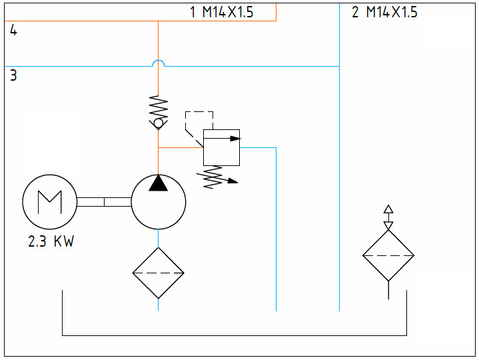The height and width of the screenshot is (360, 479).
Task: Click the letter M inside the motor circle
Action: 50,202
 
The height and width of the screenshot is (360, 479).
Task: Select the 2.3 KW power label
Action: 51,241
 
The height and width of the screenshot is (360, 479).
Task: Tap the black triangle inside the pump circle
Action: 159,183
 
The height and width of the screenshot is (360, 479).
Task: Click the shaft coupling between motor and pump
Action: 104,202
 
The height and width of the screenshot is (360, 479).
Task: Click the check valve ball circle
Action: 159,123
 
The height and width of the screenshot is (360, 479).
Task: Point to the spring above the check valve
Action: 159,107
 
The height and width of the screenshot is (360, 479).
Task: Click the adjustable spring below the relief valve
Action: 213,177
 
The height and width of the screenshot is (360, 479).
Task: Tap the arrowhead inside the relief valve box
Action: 235,139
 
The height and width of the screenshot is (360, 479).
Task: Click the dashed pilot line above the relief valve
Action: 199,112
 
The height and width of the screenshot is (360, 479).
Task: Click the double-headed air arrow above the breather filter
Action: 388,217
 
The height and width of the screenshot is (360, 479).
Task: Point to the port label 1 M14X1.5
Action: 222,12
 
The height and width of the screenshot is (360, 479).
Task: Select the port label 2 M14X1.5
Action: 384,12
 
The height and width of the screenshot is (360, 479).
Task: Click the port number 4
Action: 13,30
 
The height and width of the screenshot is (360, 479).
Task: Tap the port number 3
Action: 13,75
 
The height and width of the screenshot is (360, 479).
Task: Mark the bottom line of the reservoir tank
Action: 235,335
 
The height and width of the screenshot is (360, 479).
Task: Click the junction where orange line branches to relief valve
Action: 159,147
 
